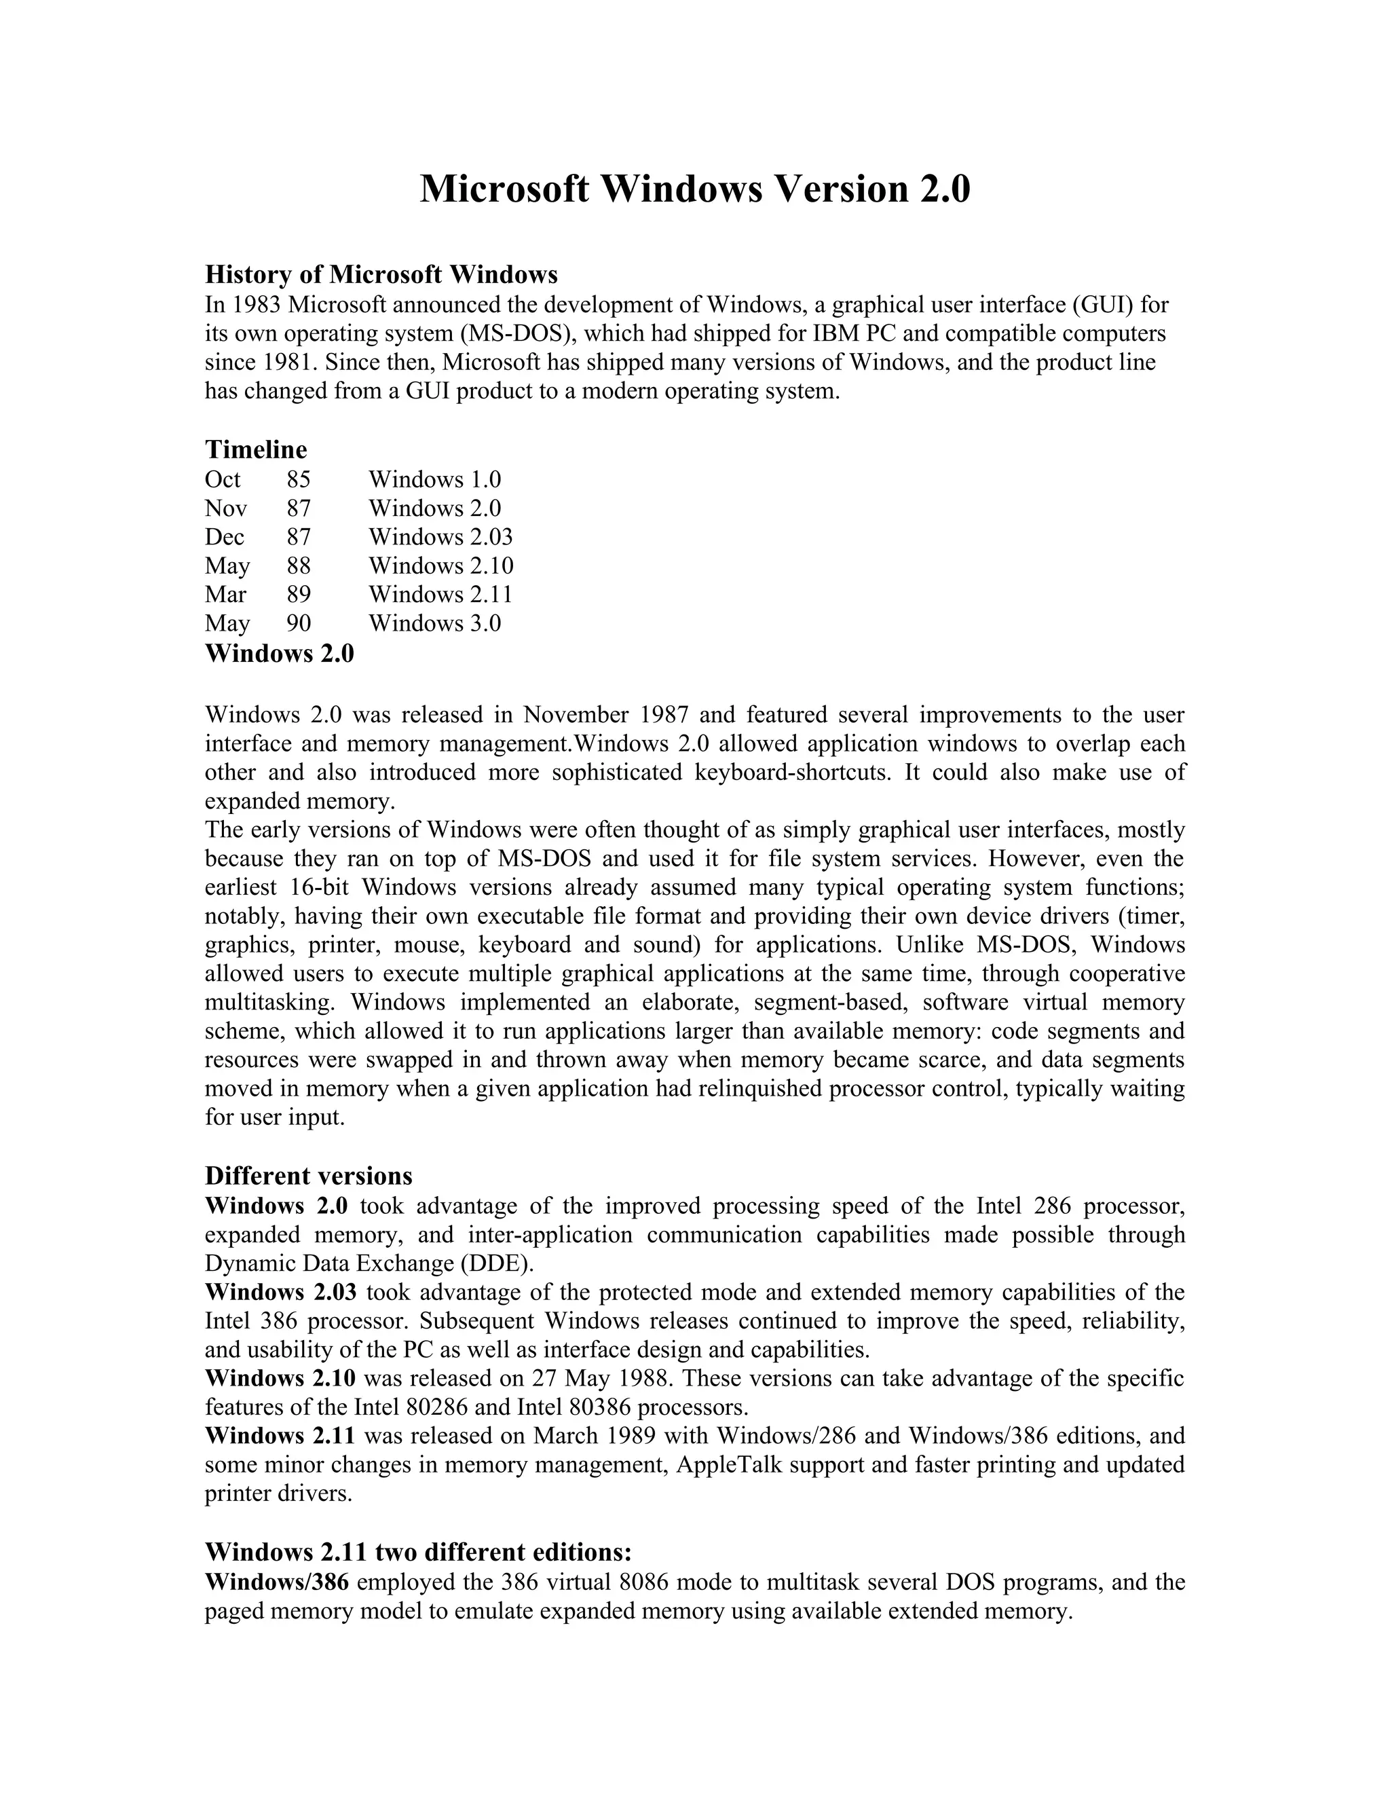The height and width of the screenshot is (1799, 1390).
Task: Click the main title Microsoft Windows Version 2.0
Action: (x=694, y=189)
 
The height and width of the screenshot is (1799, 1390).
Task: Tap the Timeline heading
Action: (x=255, y=449)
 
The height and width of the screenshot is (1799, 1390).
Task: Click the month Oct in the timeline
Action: (x=223, y=479)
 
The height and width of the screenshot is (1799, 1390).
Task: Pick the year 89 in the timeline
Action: (x=298, y=594)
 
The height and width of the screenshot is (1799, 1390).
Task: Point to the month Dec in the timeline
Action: (x=224, y=537)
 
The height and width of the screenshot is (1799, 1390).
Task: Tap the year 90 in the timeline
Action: (x=298, y=623)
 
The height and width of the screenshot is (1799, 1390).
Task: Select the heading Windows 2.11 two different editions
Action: (x=417, y=1552)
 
